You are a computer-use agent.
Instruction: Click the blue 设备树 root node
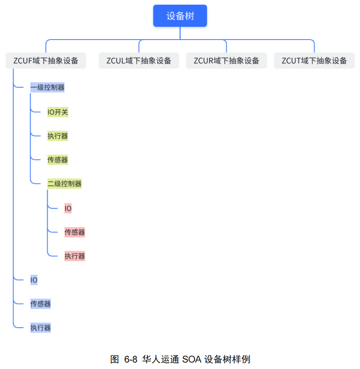180,16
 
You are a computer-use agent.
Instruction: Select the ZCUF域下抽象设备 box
46,60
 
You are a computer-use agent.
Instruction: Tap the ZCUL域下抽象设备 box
139,60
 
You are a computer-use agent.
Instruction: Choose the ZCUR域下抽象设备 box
226,60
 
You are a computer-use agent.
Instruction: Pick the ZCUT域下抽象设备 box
314,60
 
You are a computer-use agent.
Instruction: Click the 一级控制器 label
47,87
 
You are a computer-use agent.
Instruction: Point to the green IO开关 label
58,112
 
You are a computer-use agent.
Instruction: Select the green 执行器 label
58,136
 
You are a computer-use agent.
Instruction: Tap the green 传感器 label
58,160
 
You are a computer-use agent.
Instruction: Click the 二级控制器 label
64,184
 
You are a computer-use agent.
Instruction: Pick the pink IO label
68,208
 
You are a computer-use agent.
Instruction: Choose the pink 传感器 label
75,232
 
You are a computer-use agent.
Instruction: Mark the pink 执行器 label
75,256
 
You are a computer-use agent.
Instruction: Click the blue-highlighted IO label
34,280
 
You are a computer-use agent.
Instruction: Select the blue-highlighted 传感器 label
41,304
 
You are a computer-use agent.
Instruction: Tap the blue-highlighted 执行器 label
41,328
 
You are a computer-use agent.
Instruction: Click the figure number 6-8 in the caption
131,359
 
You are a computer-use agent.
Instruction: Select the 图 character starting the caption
115,359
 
